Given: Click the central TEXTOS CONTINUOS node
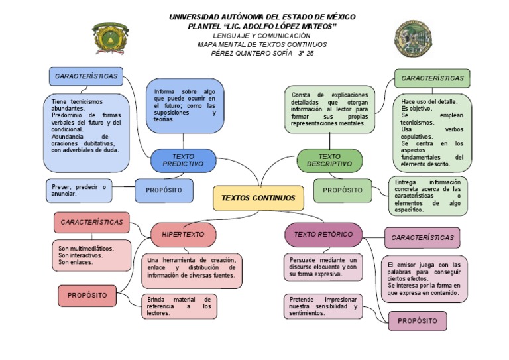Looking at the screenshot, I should pos(258,198).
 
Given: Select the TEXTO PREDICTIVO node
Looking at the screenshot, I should pos(183,160).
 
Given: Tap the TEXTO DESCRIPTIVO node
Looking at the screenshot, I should pos(329,160).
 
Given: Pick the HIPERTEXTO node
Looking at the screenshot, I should pos(184,235).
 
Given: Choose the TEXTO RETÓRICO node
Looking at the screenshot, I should pos(323,235).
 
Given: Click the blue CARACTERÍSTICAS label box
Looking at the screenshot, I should pos(86,76).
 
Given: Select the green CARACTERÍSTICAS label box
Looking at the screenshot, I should pos(432,78).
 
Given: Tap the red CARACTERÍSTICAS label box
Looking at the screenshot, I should pos(91,222).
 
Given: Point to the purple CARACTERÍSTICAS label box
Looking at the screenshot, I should pos(422,237).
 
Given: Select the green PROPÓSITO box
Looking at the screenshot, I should pos(343,190).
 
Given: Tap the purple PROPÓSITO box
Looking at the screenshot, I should pos(417,321).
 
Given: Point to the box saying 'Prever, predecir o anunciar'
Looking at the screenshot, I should pos(78,190).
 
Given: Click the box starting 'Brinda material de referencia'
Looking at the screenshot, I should pos(178,306).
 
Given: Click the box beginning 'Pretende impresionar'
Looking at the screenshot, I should pos(323,306).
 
